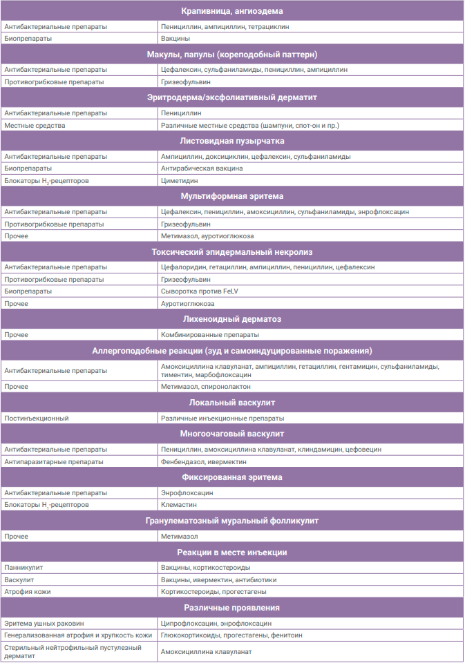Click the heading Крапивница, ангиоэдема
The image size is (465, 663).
232,11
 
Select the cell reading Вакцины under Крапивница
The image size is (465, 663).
175,39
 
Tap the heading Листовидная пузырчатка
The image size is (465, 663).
232,141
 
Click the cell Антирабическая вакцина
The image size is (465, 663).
202,168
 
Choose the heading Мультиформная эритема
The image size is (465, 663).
232,196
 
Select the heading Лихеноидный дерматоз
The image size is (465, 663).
232,319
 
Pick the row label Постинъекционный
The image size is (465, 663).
37,418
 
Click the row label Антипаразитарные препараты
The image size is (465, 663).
54,461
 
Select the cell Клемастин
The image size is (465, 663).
177,505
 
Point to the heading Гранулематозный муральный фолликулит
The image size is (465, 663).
232,521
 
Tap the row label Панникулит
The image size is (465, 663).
20,567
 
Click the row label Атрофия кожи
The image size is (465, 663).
28,592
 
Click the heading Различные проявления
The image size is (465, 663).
232,608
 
